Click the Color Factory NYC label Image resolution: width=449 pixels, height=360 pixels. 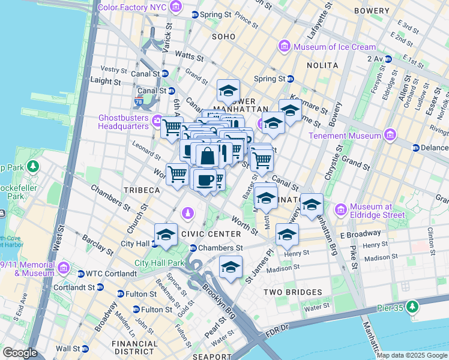[131, 7]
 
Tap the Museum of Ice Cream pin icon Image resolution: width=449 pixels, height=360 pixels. [283, 46]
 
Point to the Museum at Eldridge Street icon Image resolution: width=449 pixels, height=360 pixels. [342, 209]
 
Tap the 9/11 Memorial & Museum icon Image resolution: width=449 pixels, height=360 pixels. [63, 267]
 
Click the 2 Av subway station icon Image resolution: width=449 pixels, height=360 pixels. [388, 59]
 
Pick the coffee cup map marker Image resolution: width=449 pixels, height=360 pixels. [205, 179]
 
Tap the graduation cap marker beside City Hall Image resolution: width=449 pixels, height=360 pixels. [166, 234]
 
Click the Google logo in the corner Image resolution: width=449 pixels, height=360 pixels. [20, 353]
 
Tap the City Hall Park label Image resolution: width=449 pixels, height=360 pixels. [160, 263]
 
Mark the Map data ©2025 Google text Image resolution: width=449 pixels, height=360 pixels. [412, 355]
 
